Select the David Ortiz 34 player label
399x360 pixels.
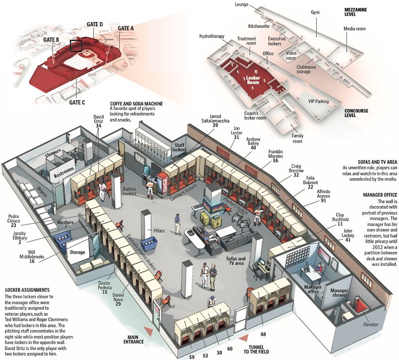pos(98,122)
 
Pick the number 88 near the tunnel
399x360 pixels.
pos(263,334)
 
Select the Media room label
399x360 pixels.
pos(355,29)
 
